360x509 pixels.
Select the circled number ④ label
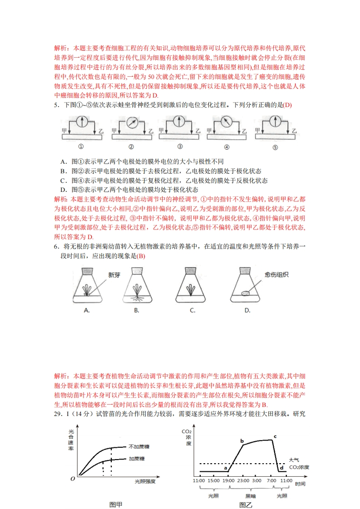tap(227, 147)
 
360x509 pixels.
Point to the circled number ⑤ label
tap(275, 147)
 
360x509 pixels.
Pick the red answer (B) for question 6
tap(141, 256)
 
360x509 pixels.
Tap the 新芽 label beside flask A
tap(114, 275)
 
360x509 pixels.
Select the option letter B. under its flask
tap(136, 310)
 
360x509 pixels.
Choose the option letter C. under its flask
tap(192, 310)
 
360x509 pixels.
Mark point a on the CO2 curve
tap(226, 467)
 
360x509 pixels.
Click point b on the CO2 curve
tap(242, 441)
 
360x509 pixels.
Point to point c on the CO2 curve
tap(275, 436)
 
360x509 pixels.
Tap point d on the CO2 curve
tap(281, 468)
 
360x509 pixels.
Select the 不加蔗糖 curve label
tap(139, 446)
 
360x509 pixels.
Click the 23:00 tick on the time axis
tap(243, 480)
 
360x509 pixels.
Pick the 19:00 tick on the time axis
tap(228, 480)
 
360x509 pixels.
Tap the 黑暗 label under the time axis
tap(251, 495)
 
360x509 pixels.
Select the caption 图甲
tap(116, 504)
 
